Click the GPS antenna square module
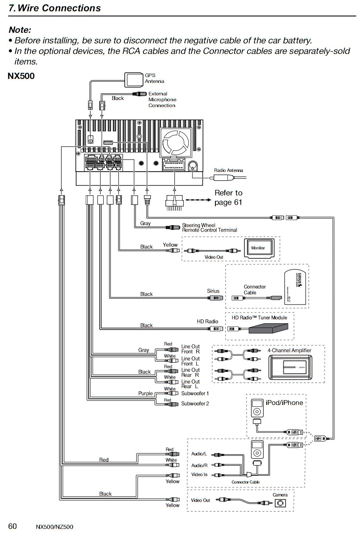tap(134, 79)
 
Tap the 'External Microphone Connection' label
tap(162, 100)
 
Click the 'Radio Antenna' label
tap(228, 170)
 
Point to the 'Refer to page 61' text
tap(228, 197)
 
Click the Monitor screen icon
tap(261, 248)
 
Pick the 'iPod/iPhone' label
tap(284, 403)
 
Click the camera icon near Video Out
tap(280, 504)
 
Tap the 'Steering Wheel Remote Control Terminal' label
tap(210, 228)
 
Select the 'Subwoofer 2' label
tap(195, 404)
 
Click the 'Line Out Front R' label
tap(190, 349)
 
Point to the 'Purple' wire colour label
tap(145, 394)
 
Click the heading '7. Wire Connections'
tap(55, 8)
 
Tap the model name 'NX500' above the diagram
tap(21, 76)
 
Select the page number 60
tap(13, 526)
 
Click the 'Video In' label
tap(199, 475)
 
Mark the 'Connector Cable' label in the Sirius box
tap(254, 290)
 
